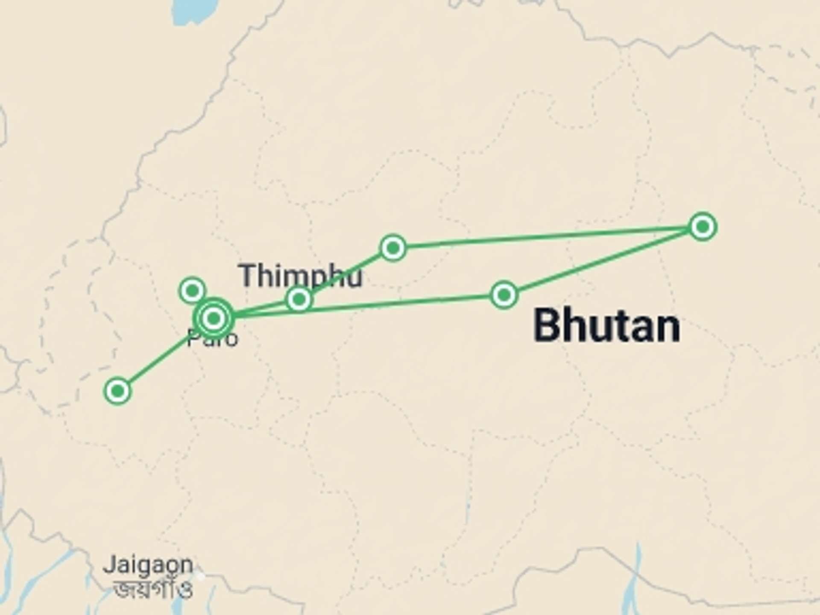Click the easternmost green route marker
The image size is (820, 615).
703,227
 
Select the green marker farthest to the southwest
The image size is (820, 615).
117,391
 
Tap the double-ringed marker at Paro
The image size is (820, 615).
214,318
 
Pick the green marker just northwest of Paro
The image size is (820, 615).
192,291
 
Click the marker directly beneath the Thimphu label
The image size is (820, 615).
299,299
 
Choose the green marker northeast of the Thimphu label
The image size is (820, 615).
393,247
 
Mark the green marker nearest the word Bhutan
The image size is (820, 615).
504,295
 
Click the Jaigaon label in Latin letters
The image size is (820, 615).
148,565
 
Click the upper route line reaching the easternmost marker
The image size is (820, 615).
547,237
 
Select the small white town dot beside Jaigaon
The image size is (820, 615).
200,576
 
